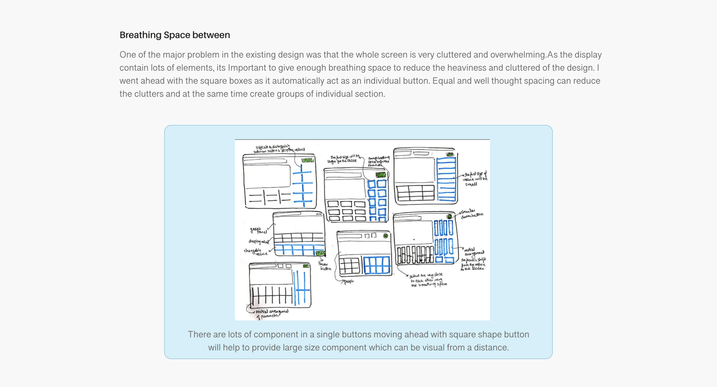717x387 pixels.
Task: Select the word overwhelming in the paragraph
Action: [x=518, y=55]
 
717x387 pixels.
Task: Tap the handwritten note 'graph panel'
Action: [x=259, y=230]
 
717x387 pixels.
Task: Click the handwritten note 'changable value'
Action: [x=255, y=252]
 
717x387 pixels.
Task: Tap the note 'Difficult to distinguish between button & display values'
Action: [x=279, y=148]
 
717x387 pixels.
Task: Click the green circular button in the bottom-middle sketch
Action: [x=385, y=236]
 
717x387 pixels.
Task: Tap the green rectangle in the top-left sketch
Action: [x=307, y=160]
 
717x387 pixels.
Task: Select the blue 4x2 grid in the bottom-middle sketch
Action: [x=377, y=265]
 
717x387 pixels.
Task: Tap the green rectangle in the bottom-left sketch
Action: [x=306, y=266]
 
